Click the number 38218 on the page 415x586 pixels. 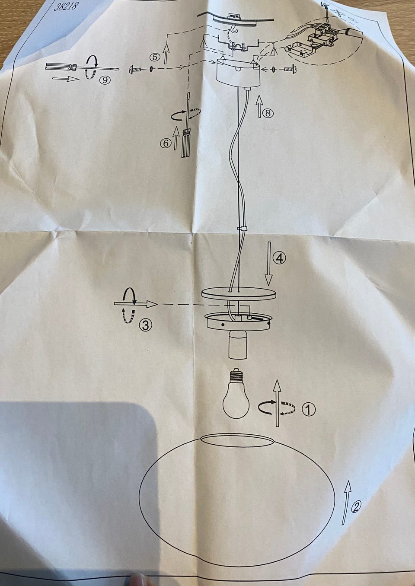[66, 6]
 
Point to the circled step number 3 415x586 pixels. [145, 325]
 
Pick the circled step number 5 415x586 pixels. [155, 57]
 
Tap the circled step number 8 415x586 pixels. [268, 113]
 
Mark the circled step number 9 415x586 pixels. [105, 80]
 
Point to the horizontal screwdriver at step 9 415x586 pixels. [82, 67]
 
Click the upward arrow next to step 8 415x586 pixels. [259, 106]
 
